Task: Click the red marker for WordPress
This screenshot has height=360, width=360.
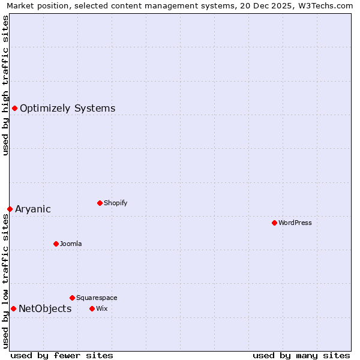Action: (274, 223)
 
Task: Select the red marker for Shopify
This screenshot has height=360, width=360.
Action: (100, 203)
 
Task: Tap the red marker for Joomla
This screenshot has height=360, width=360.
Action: (56, 244)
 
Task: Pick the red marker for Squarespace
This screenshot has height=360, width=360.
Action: (72, 298)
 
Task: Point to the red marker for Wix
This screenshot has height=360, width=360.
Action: (92, 308)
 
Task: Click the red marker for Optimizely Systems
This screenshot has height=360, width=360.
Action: (14, 108)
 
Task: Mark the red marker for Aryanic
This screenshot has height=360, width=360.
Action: (10, 209)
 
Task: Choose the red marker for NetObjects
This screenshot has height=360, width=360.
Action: (13, 308)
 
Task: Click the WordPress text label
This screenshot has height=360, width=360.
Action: (295, 223)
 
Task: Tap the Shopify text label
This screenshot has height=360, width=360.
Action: (116, 203)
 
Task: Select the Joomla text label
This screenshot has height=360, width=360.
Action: (71, 244)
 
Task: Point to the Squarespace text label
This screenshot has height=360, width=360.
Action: (97, 298)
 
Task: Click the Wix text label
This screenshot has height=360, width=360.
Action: (101, 308)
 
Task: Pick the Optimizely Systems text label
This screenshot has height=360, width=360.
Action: (68, 109)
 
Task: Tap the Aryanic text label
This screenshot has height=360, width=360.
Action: (33, 209)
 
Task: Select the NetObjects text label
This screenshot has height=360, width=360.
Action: (45, 309)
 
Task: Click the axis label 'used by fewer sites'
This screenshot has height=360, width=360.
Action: (62, 355)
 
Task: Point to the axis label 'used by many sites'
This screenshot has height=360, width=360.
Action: (301, 355)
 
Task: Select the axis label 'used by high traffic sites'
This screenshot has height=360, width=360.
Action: (5, 85)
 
